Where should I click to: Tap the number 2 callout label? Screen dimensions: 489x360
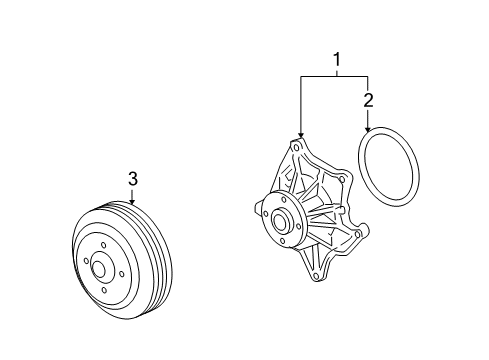[368, 100]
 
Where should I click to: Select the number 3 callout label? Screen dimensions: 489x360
[133, 179]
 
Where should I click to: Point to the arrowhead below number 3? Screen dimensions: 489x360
[133, 202]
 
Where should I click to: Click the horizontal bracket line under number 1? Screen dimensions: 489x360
[334, 77]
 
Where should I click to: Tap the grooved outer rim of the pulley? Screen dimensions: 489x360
[140, 240]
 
